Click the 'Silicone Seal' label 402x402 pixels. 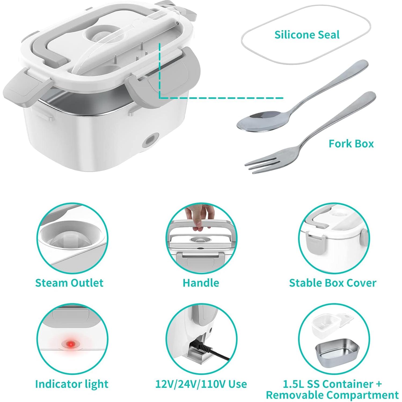pyautogui.click(x=307, y=35)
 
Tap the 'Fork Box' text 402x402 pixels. pyautogui.click(x=351, y=144)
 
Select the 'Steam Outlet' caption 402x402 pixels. pyautogui.click(x=69, y=283)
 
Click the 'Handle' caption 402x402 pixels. pyautogui.click(x=201, y=283)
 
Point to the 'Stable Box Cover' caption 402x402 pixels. pyautogui.click(x=332, y=283)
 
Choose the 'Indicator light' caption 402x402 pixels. pyautogui.click(x=72, y=384)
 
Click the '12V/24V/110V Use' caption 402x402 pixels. pyautogui.click(x=201, y=384)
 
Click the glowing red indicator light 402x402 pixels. pyautogui.click(x=71, y=344)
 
